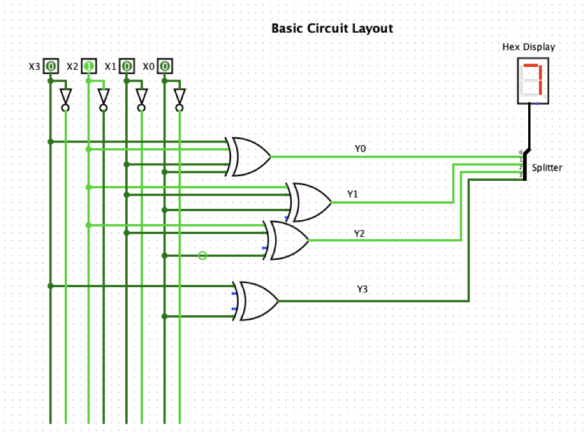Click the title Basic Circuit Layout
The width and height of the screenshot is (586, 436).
tap(332, 28)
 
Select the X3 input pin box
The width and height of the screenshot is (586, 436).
tap(50, 66)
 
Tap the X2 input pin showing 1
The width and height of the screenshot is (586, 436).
tap(89, 66)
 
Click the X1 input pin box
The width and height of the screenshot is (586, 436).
tap(126, 66)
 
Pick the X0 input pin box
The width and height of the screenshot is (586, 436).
tap(165, 66)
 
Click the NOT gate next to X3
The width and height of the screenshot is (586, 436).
tap(66, 98)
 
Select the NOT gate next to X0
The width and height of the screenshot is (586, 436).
tap(180, 98)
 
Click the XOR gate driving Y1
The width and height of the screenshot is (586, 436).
tap(311, 202)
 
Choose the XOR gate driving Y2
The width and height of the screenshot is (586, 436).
tap(288, 240)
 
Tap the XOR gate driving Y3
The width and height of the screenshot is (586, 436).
tap(258, 301)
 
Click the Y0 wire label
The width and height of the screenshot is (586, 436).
tap(360, 149)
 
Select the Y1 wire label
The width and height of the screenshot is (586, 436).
tap(353, 195)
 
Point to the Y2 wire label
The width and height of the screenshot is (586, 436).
tap(359, 233)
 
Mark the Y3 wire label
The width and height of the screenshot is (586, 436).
tap(362, 290)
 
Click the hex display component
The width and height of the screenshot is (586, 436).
tap(533, 81)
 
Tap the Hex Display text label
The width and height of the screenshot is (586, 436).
tap(528, 47)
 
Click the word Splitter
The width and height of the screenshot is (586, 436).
tap(547, 168)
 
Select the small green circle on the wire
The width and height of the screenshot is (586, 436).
tap(202, 255)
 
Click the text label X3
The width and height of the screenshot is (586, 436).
tap(34, 67)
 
